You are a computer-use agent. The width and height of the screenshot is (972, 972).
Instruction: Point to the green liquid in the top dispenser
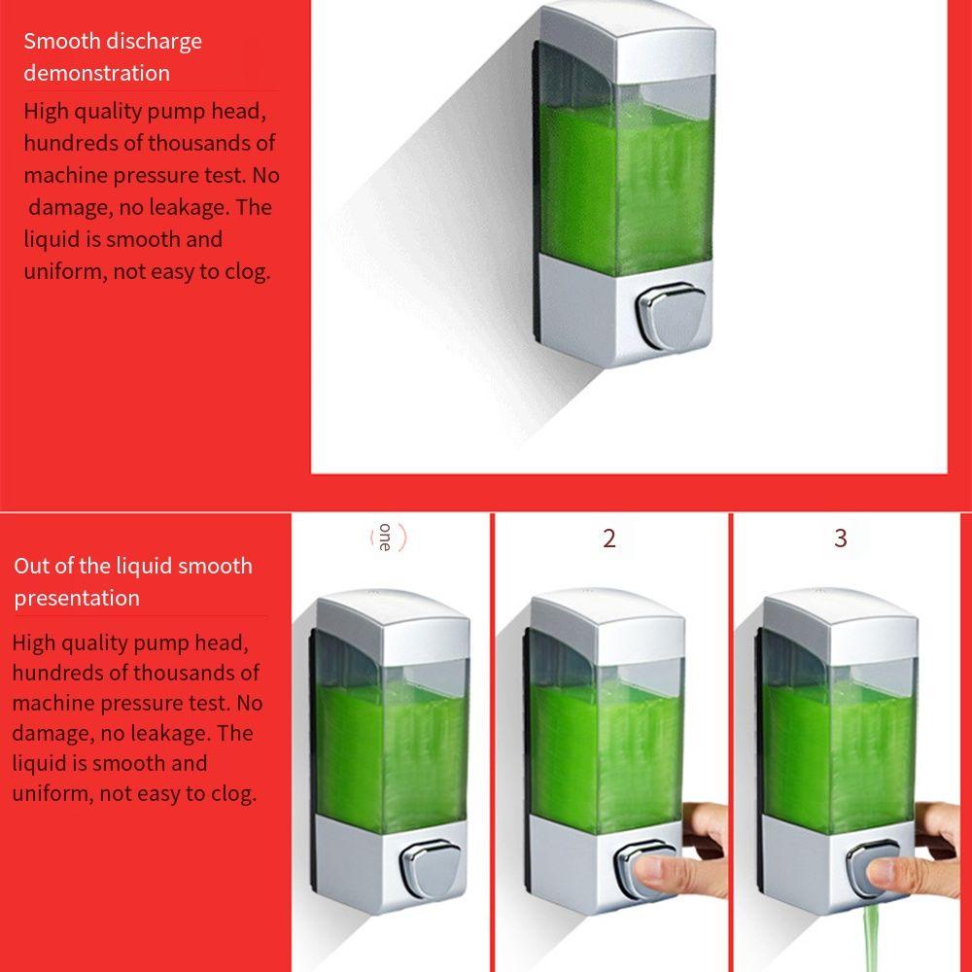pyautogui.click(x=625, y=185)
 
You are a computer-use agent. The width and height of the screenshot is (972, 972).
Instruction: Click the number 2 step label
pyautogui.click(x=608, y=538)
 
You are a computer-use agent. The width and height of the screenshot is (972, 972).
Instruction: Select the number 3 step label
pyautogui.click(x=841, y=538)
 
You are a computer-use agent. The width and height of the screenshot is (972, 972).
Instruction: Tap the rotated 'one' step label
pyautogui.click(x=386, y=538)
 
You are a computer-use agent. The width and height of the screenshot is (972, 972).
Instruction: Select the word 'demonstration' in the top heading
pyautogui.click(x=96, y=73)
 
